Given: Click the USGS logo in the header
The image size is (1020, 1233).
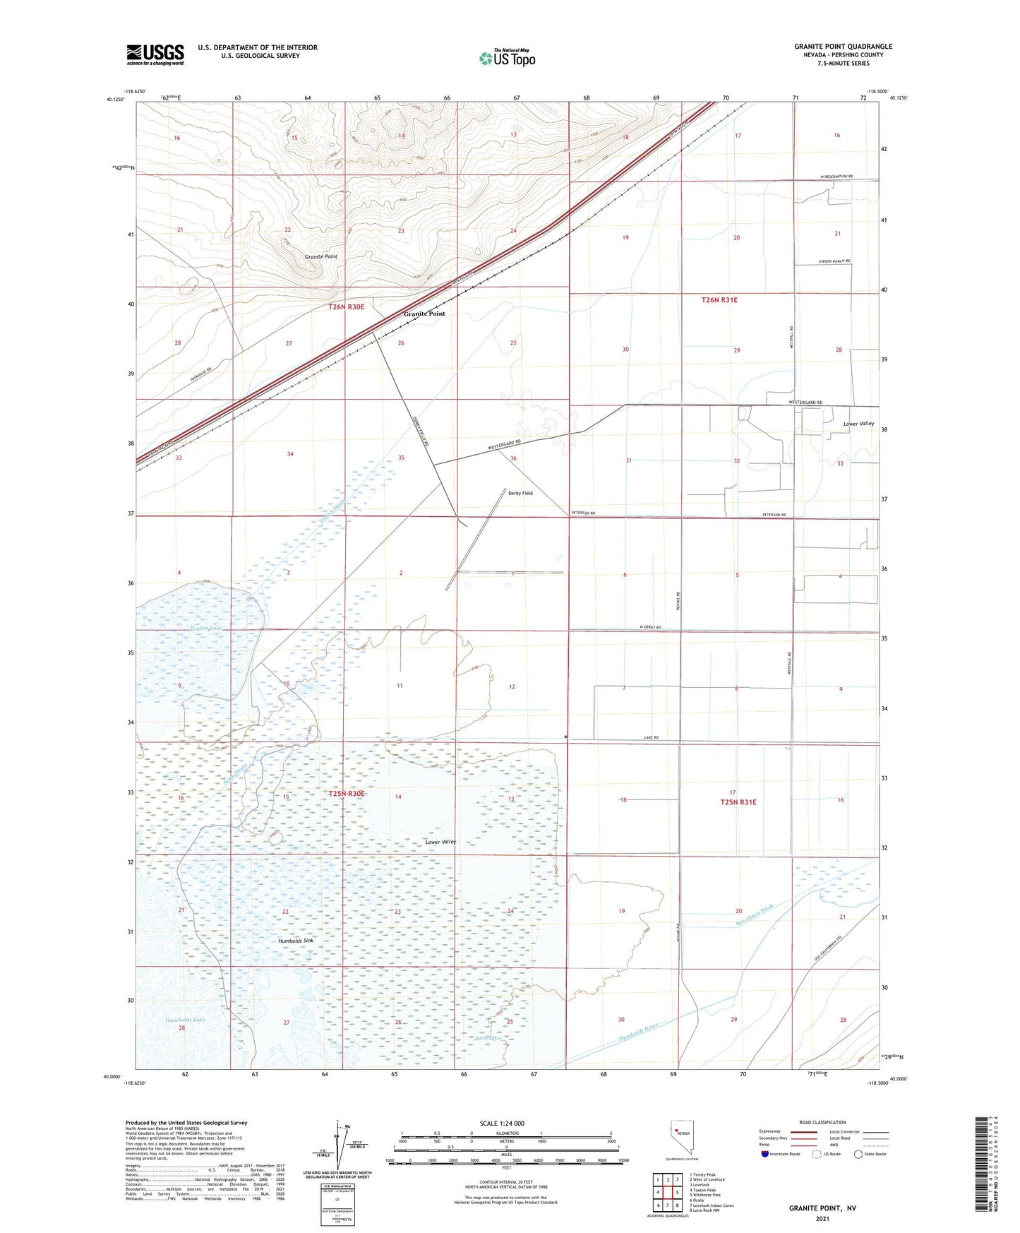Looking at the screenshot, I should [x=155, y=54].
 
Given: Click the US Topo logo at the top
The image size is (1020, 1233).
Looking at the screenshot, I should [x=506, y=58].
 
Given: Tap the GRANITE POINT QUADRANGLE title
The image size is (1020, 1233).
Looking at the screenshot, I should [x=843, y=47].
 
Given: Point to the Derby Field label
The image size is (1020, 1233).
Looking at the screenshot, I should [x=520, y=493].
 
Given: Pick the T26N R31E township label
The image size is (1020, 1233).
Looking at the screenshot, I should [x=719, y=300].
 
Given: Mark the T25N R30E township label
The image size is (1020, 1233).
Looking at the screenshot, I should [x=347, y=794].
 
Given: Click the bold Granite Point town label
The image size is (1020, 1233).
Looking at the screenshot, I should [x=424, y=314].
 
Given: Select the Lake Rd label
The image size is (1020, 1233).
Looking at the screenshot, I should [x=651, y=737].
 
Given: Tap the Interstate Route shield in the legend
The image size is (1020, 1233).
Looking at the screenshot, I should [x=764, y=1154].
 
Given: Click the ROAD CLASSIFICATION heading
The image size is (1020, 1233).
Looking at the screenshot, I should [x=822, y=1122].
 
